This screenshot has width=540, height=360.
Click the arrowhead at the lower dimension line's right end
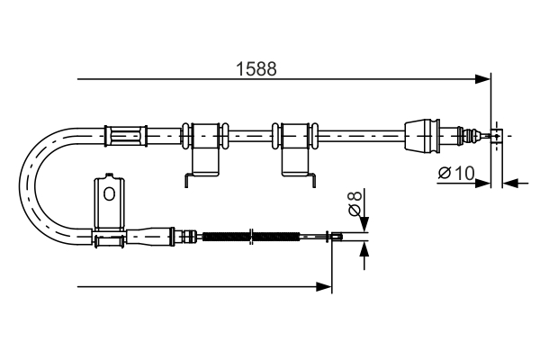[326, 287]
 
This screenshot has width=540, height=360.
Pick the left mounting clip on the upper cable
[207, 148]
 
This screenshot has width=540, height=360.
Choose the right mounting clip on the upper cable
[296, 148]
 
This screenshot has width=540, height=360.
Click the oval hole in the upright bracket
[108, 193]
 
